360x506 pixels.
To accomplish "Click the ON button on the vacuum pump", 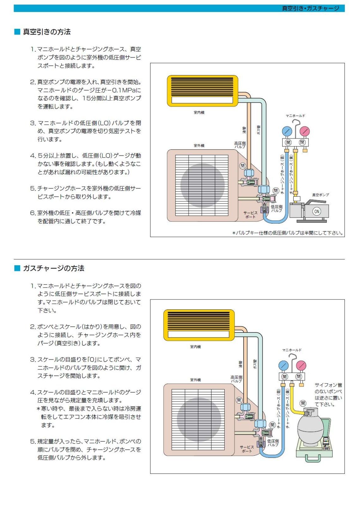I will (316, 212).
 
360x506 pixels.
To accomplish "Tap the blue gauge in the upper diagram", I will (287, 131).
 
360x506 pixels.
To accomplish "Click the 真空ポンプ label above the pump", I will (320, 195).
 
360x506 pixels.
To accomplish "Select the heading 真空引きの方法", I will (46, 32).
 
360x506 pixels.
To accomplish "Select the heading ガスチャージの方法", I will (53, 268).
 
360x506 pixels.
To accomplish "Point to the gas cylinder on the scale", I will (310, 427).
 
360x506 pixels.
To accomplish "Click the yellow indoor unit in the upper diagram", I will (202, 91).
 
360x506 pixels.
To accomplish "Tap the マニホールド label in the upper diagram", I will (295, 116).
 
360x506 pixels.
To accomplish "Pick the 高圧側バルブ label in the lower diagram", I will (236, 379).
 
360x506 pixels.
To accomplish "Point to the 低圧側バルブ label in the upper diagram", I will (276, 208).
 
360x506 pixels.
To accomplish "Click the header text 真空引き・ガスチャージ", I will (310, 9).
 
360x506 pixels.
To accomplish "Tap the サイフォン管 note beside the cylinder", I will (328, 394).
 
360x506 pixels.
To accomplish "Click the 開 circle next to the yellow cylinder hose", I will (303, 403).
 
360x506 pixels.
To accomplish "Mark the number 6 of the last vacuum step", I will (33, 213).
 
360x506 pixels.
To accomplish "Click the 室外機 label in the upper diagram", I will (199, 145).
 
